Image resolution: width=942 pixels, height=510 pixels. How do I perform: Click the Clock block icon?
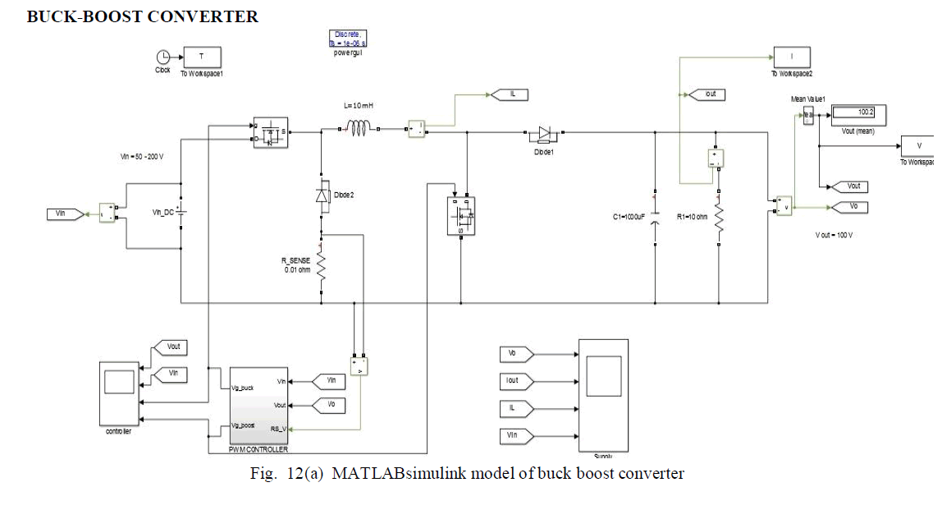pyautogui.click(x=162, y=57)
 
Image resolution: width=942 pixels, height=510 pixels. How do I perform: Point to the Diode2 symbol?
pyautogui.click(x=322, y=195)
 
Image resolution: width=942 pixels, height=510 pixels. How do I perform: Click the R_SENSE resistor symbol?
pyautogui.click(x=322, y=267)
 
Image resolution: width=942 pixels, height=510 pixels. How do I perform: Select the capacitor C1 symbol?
pyautogui.click(x=655, y=218)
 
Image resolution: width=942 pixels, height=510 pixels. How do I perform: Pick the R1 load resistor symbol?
pyautogui.click(x=719, y=218)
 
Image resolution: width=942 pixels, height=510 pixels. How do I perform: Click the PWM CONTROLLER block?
pyautogui.click(x=258, y=407)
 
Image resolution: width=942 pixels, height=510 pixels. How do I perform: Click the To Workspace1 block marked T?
pyautogui.click(x=205, y=57)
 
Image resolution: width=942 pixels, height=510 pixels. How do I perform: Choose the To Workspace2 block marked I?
pyautogui.click(x=791, y=57)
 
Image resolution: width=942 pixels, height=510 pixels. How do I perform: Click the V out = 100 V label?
pyautogui.click(x=835, y=235)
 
